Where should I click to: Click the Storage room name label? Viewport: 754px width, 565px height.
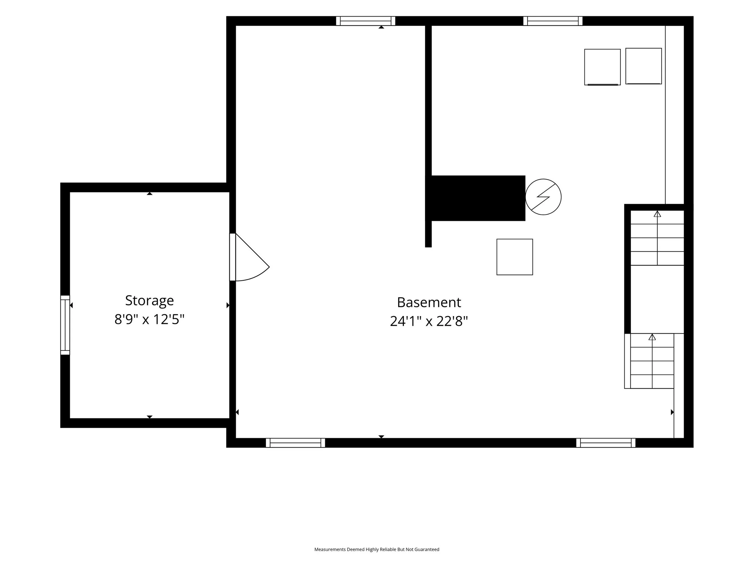click(149, 301)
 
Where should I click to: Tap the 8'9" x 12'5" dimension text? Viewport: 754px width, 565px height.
click(149, 319)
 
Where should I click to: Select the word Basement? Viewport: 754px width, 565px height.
click(429, 303)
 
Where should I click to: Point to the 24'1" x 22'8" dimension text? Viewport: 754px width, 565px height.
click(429, 321)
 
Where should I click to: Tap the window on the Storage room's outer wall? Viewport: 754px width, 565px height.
click(65, 325)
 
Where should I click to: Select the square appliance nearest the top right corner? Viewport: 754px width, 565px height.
click(644, 66)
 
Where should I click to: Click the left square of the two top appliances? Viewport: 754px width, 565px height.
click(602, 67)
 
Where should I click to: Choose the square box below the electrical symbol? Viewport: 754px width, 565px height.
click(515, 257)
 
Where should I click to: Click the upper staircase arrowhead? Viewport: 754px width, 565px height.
click(657, 214)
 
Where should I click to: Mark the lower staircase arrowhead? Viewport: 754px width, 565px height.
click(652, 337)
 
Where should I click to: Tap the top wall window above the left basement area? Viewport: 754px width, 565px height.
click(366, 21)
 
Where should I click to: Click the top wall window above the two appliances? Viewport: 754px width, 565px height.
click(553, 21)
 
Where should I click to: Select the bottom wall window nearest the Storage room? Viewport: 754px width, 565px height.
click(296, 443)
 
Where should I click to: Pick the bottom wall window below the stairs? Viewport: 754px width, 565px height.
click(606, 443)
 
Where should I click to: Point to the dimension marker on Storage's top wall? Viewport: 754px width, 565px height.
click(149, 193)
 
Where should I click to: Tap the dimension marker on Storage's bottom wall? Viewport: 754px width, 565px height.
click(149, 417)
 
